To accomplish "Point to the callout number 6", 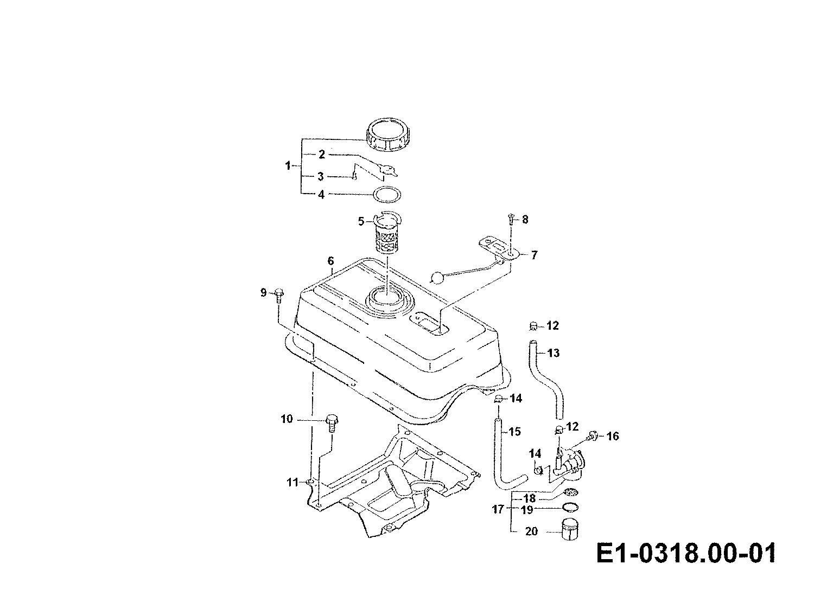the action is coord(330,261).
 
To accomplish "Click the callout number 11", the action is coord(292,482).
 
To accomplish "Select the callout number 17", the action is coord(498,509).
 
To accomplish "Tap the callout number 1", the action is coord(288,166).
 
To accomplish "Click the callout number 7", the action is coord(533,255).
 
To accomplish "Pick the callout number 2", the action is coord(322,155).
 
